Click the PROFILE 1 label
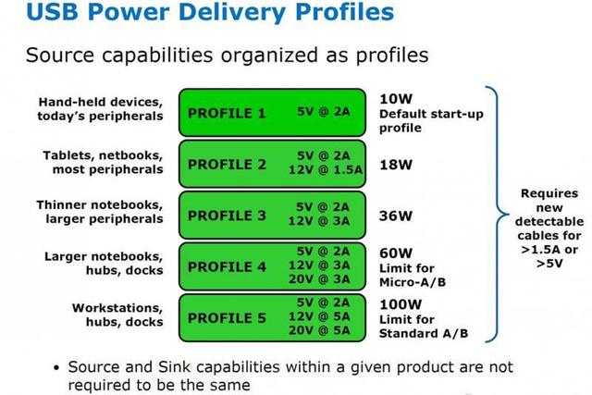227,113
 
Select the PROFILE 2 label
227,165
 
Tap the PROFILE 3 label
227,216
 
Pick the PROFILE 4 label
227,266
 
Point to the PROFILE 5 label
227,318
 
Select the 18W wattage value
396,165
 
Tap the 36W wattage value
396,216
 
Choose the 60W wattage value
396,253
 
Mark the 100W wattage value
401,304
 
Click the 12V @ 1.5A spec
326,170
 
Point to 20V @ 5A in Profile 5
319,330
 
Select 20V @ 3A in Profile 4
319,279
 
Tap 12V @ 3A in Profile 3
319,221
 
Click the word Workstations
117,308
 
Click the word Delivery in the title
232,12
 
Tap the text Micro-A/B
413,282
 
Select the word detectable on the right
549,221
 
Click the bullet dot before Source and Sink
56,368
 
